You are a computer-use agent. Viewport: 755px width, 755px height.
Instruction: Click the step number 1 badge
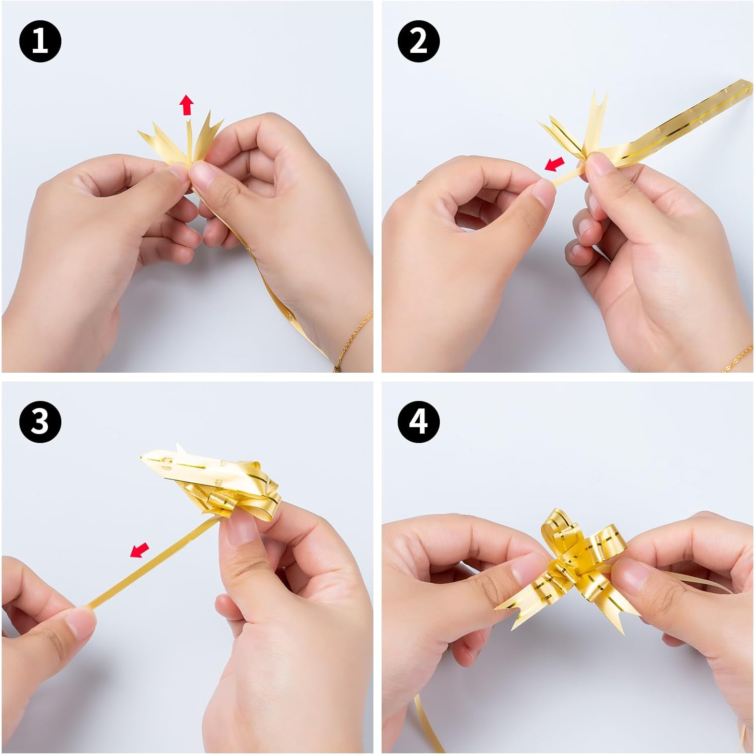40,42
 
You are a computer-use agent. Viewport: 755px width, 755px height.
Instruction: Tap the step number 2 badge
419,42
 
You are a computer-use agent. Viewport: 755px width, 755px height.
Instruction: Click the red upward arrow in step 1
187,105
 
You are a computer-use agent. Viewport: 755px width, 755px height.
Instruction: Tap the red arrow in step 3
139,550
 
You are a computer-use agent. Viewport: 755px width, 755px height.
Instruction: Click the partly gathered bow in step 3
211,478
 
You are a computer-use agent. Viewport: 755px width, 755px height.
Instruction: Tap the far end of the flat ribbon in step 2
745,87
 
